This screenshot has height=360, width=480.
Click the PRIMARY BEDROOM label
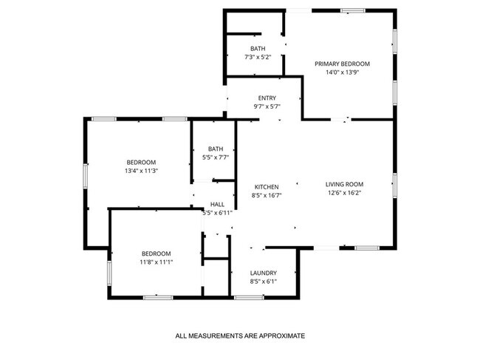tap(342, 64)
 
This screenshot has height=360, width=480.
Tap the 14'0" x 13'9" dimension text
tap(342, 72)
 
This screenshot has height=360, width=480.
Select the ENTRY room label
tap(267, 98)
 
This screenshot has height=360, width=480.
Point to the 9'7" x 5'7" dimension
tap(267, 106)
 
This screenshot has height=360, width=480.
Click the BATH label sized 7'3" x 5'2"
tap(258, 49)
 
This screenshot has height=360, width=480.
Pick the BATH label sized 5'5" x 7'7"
tap(216, 149)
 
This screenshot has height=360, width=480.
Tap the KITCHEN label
tap(267, 187)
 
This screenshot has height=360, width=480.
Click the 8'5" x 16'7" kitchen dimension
tap(267, 195)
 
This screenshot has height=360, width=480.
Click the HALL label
tap(217, 204)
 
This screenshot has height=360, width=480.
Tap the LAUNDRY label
tap(264, 273)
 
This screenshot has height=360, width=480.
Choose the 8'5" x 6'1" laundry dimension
tap(264, 281)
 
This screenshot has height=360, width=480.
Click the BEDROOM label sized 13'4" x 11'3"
tap(141, 163)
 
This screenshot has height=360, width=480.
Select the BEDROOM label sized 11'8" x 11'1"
tap(157, 254)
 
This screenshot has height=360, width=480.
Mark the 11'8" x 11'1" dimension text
tap(157, 262)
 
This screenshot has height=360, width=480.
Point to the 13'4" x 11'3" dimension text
tap(141, 171)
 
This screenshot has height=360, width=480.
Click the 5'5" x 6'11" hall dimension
tap(217, 213)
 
